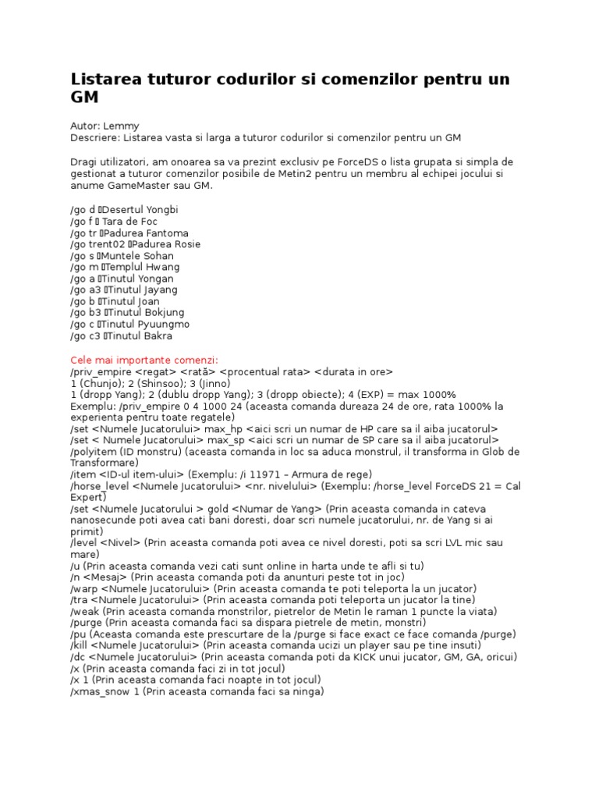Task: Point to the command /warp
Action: pos(83,588)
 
